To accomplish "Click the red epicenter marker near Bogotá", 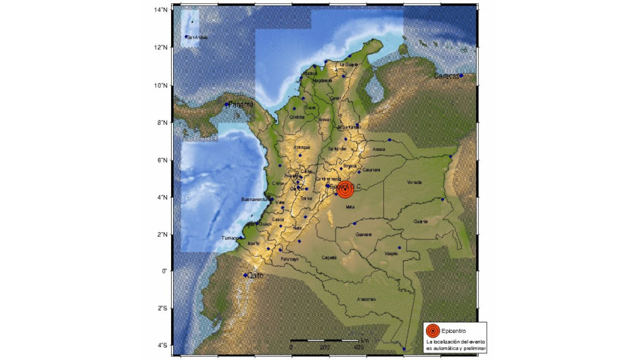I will [345, 189].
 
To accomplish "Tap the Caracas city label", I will [446, 76].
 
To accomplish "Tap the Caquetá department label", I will [329, 257].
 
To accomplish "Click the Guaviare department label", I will [364, 234].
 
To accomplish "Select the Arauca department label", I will [379, 149].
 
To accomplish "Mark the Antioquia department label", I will [302, 147].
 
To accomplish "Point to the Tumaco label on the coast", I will [231, 238].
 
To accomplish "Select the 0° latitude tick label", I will [164, 271].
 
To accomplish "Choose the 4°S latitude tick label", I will [162, 346].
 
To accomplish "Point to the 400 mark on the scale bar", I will [359, 347].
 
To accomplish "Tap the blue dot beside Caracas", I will [460, 76].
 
